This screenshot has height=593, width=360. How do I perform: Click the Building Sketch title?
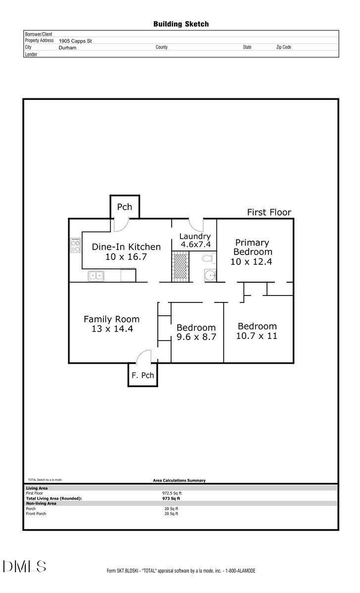point(180,24)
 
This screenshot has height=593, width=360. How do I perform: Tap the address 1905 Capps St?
point(75,41)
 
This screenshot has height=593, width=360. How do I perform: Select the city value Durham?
point(67,48)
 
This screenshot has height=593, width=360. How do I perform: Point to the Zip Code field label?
point(283,47)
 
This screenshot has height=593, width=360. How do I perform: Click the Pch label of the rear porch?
point(125,207)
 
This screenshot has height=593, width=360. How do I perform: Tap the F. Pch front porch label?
point(142,375)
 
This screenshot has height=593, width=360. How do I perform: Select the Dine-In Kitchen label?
point(127,247)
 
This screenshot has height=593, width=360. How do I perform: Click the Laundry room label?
point(195,236)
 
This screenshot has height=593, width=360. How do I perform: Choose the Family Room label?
point(111,319)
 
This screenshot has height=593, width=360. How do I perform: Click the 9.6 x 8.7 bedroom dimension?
point(196,338)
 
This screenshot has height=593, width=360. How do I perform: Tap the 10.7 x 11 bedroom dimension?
point(257,336)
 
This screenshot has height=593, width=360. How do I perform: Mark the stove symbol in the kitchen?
point(75,245)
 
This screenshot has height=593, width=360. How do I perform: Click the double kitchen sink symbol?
point(96,276)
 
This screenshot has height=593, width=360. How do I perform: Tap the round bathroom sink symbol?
point(211,275)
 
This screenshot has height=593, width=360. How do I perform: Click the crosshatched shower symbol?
point(180,266)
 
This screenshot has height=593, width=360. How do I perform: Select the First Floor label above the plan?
point(269,212)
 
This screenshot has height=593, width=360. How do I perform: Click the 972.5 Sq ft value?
point(173,493)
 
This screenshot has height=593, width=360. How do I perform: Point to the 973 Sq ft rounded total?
point(172,499)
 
